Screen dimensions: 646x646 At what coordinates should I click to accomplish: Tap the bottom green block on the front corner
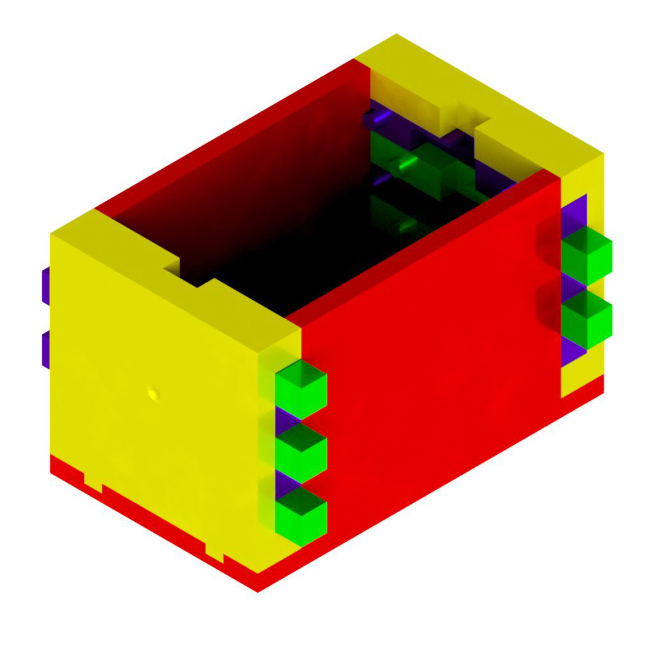(300, 512)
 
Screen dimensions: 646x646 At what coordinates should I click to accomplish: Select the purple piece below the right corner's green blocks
(571, 351)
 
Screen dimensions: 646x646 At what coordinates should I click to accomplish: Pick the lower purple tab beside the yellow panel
(46, 348)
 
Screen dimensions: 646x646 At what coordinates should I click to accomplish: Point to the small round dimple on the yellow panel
(152, 392)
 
